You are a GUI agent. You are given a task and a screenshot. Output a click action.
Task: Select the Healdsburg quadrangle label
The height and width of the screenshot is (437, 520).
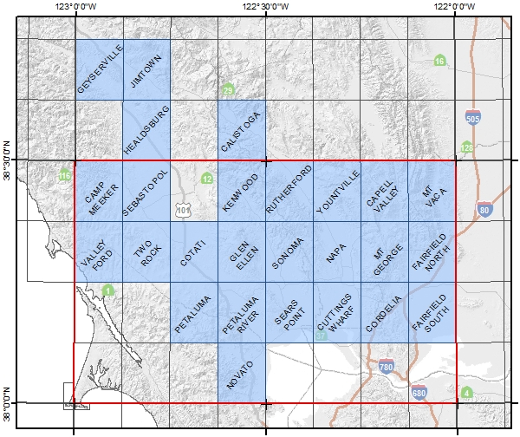[x=146, y=130]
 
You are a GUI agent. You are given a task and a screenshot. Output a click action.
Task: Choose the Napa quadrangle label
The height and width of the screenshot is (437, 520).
[x=337, y=251]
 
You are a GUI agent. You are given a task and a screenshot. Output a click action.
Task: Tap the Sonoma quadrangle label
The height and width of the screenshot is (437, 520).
[x=289, y=252]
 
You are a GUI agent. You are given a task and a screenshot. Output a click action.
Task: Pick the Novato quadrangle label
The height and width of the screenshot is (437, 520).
[x=241, y=375]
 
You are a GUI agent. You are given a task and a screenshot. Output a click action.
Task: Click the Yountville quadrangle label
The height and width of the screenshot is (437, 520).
[x=336, y=190]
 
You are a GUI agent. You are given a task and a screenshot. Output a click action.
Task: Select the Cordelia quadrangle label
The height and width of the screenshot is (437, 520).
[x=385, y=313]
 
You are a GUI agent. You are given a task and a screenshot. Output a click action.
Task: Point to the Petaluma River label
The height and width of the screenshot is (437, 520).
[x=241, y=313]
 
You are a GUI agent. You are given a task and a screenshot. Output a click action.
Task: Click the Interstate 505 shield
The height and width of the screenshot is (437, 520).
[x=472, y=117]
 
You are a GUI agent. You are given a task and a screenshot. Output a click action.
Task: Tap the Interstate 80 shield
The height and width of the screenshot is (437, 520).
[x=484, y=209]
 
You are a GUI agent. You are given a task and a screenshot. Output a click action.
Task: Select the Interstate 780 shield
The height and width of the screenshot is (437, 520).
[x=387, y=368]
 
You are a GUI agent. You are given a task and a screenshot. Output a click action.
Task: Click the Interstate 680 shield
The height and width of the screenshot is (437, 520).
[x=419, y=393]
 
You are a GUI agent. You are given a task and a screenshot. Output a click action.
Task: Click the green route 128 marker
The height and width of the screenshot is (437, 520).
[x=467, y=147]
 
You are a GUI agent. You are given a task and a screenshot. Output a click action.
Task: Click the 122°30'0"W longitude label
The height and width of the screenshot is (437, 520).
[x=265, y=6]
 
